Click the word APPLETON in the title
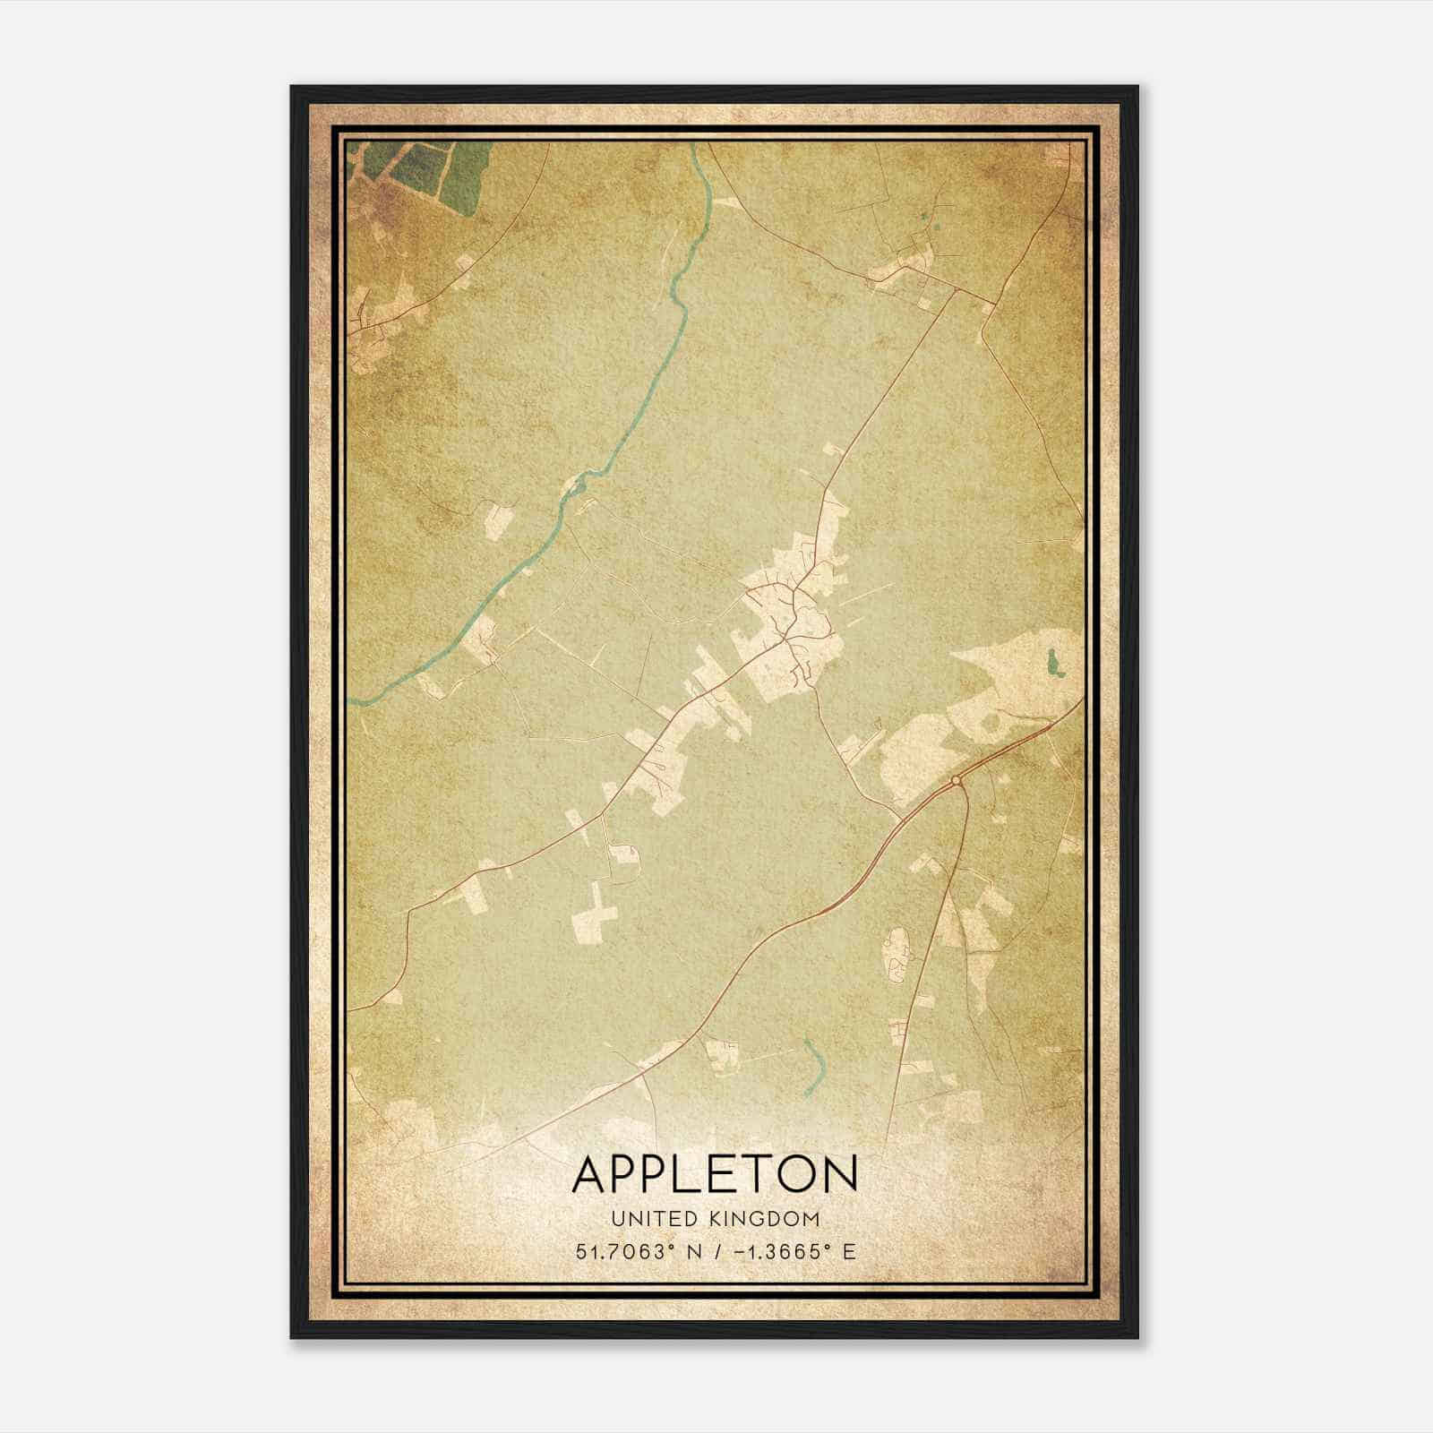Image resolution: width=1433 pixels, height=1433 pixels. (715, 1174)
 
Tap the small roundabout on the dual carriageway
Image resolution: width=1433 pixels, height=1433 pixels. (957, 782)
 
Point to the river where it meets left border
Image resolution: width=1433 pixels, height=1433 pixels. (353, 701)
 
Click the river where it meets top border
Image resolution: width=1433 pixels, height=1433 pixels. (695, 146)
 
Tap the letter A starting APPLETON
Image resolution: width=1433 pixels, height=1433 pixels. (591, 1174)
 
